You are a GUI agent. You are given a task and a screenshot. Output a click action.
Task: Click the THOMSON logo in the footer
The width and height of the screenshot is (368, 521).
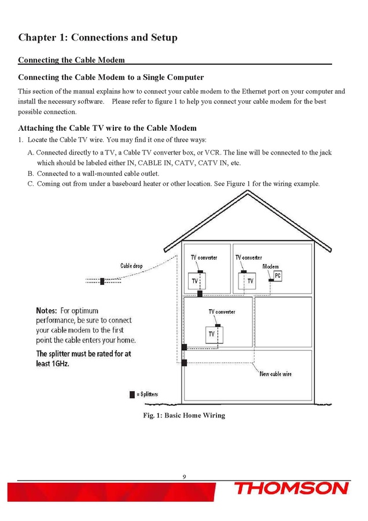click(x=291, y=489)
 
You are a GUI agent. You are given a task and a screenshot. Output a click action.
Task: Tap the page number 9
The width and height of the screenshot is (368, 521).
click(x=184, y=476)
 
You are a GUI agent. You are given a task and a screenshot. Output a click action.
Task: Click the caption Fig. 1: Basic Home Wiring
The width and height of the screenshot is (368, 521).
click(x=184, y=415)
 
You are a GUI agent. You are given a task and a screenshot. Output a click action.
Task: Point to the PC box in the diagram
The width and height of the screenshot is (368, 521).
click(x=277, y=276)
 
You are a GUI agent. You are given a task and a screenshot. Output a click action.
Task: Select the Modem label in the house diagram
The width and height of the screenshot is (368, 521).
click(x=270, y=266)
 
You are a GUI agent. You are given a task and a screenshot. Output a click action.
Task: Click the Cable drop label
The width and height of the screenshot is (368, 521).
click(x=131, y=266)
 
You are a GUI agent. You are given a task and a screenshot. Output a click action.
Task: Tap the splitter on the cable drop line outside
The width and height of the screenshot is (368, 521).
click(x=102, y=281)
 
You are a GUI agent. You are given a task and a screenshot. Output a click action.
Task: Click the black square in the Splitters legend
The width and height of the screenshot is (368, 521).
click(x=132, y=394)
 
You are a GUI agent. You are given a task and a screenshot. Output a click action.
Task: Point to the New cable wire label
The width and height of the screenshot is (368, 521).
click(x=275, y=374)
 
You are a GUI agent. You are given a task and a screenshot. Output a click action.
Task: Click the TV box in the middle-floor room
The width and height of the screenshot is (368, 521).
click(x=212, y=334)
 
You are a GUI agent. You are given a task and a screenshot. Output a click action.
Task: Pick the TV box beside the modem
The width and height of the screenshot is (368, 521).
click(x=249, y=281)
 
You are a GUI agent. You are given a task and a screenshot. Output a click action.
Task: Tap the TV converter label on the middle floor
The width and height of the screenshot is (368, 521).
click(x=222, y=311)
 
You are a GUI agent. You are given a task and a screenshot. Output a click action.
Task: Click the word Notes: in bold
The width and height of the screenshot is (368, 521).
click(x=47, y=310)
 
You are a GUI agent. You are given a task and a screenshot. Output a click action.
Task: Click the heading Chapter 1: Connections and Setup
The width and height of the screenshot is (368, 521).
click(x=98, y=38)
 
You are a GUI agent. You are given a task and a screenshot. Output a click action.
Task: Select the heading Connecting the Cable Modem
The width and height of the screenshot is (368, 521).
click(x=71, y=60)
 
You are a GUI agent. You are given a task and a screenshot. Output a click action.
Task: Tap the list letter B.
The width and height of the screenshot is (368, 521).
click(x=31, y=173)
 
